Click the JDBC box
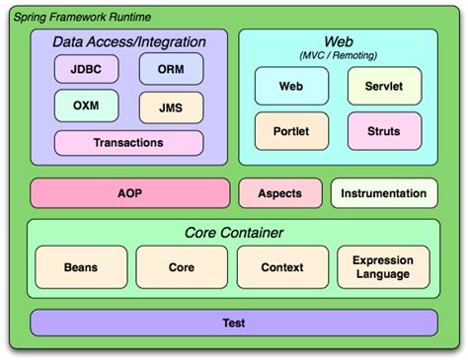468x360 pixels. [x=86, y=70]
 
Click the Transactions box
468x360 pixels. [x=128, y=143]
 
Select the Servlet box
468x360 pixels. [x=381, y=87]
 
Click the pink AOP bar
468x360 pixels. [x=129, y=193]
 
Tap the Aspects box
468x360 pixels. [x=279, y=193]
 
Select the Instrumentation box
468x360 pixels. [x=383, y=193]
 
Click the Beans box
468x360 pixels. [x=81, y=267]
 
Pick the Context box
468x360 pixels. [x=282, y=267]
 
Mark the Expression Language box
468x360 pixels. [x=383, y=267]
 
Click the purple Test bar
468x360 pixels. [x=234, y=323]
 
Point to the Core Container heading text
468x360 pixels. [x=234, y=233]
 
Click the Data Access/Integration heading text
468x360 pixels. [x=129, y=42]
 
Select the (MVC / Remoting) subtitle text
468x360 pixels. [x=337, y=55]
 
